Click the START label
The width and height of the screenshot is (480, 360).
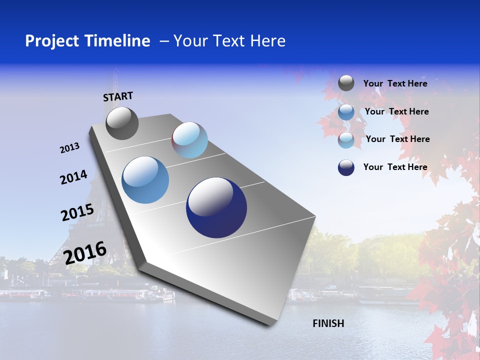click(x=118, y=96)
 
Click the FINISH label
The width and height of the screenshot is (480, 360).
click(x=328, y=323)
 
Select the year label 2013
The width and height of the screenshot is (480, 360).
click(x=69, y=148)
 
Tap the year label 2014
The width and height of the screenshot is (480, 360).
click(x=73, y=177)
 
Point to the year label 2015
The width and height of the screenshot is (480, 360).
click(x=77, y=212)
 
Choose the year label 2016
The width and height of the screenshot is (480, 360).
click(x=85, y=253)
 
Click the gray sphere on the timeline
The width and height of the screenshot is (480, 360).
click(x=122, y=123)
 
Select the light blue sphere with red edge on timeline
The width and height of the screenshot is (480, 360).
click(x=189, y=140)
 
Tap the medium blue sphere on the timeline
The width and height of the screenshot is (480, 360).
click(x=145, y=180)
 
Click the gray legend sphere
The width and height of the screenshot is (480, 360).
click(x=346, y=83)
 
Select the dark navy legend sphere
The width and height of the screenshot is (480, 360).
click(x=346, y=167)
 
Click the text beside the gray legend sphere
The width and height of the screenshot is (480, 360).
click(x=395, y=83)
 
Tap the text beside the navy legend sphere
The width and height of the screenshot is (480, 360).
click(x=395, y=167)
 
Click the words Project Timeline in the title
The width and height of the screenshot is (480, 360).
click(x=87, y=41)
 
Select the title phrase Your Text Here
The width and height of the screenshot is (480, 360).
click(x=229, y=41)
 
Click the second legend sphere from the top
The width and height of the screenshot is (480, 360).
click(x=346, y=112)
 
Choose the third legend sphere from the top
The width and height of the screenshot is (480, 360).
click(x=346, y=140)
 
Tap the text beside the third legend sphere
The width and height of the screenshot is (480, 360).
click(x=397, y=139)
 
